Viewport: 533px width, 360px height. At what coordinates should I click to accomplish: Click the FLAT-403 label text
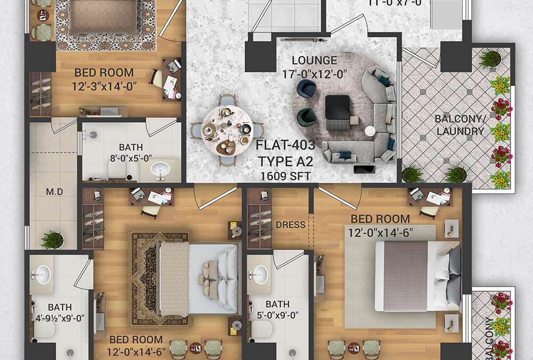coord(286,145)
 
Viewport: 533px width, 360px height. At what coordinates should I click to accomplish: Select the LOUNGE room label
coord(314,60)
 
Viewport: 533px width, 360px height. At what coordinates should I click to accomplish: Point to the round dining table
coord(228,130)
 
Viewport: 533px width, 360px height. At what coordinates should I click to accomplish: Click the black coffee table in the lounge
coord(337,107)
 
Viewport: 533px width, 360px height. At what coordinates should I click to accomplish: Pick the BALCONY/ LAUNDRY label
coord(459,125)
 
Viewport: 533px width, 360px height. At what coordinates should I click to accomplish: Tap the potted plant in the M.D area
coord(52,239)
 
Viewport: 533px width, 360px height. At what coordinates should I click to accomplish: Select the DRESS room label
coord(290,225)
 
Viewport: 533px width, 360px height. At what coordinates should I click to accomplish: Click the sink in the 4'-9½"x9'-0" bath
coord(41,275)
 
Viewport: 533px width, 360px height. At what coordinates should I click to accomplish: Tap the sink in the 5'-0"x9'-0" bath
coord(261,275)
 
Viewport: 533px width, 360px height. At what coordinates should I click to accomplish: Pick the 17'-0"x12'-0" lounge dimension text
coord(314,74)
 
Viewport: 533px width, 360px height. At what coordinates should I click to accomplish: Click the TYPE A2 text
coord(286,160)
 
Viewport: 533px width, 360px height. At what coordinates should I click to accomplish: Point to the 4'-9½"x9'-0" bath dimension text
coord(59,319)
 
